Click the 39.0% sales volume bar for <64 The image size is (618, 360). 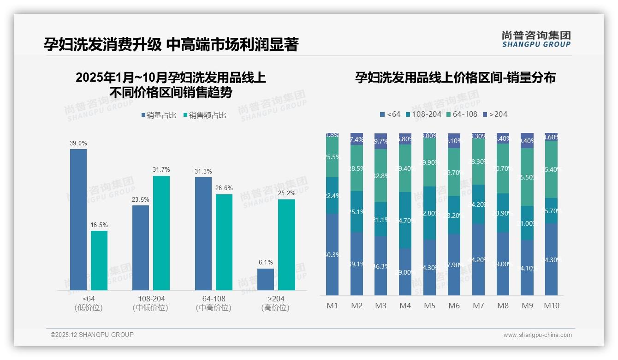coord(78,220)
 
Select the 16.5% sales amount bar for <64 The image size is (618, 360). coord(99,260)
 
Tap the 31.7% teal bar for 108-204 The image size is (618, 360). coord(161,233)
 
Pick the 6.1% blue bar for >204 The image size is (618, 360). coord(266,279)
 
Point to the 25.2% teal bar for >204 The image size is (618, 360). coord(286,245)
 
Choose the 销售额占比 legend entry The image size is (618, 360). coord(205,115)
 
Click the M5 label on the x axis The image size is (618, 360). coord(429,306)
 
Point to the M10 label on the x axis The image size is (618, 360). coord(551,306)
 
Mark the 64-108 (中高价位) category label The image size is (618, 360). coord(214,303)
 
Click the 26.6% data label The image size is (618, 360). coord(224,188)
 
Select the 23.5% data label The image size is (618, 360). coord(141,199)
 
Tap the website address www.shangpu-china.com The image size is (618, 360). coord(537,335)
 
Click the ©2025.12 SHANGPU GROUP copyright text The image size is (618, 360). coord(92,335)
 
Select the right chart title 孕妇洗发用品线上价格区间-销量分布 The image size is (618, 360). coord(455,78)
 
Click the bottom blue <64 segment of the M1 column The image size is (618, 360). coord(332,254)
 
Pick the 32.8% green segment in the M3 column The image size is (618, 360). coord(380,175)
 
